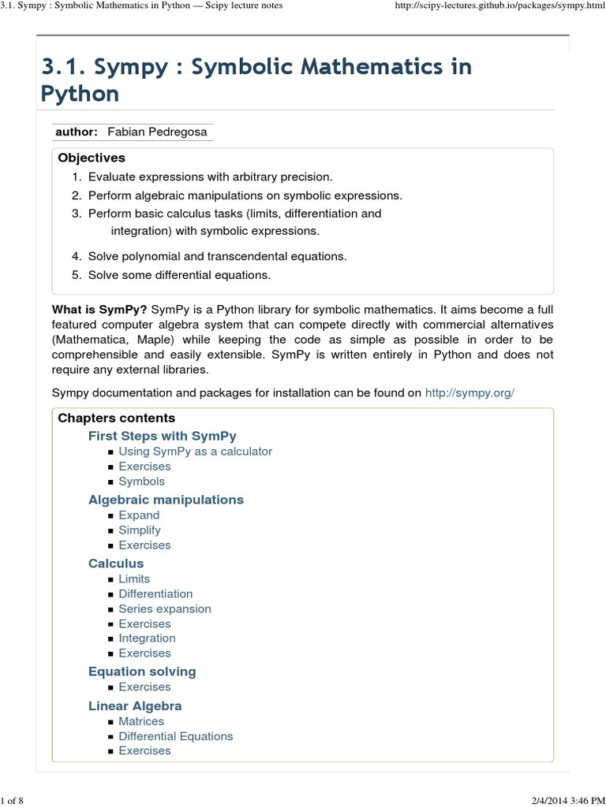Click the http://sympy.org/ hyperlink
(x=469, y=392)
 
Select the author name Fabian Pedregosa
(x=162, y=132)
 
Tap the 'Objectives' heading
(x=92, y=158)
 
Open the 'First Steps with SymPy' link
(x=162, y=436)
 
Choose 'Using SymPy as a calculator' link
(x=195, y=452)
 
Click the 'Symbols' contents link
(x=141, y=482)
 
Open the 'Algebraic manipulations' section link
(x=166, y=500)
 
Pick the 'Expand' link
(x=139, y=515)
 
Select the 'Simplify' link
(x=140, y=530)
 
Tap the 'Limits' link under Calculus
(x=134, y=578)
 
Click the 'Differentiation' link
(x=155, y=593)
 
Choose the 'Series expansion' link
(x=165, y=608)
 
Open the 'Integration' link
(x=147, y=638)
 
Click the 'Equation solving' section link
(x=142, y=671)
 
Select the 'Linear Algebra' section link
(x=135, y=706)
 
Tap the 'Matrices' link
(x=141, y=721)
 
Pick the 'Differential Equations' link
(x=176, y=736)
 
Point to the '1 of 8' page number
(x=13, y=801)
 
